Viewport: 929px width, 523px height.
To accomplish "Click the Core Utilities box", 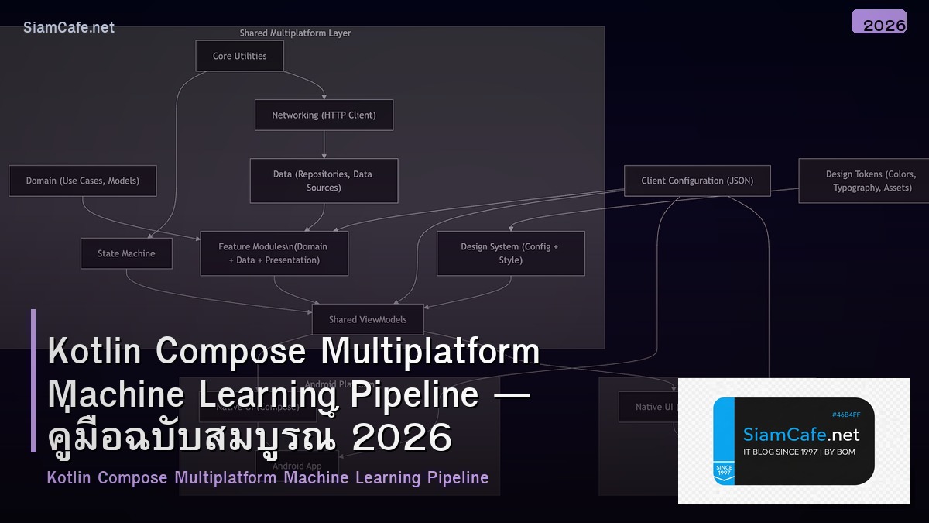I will (239, 56).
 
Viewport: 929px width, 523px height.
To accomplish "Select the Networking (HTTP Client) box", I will (324, 115).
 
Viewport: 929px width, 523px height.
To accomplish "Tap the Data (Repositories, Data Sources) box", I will (324, 181).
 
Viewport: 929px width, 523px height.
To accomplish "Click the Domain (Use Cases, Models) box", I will (83, 181).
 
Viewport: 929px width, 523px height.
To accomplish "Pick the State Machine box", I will (126, 253).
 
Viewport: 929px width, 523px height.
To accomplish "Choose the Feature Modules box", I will (274, 253).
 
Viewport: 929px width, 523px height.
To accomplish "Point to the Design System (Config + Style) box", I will (510, 253).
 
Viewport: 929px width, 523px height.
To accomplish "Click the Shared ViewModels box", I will (368, 319).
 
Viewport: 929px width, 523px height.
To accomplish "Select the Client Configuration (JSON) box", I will (697, 181).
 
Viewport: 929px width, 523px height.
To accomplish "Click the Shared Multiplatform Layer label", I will (295, 33).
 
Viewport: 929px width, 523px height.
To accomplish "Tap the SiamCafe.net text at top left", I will (69, 28).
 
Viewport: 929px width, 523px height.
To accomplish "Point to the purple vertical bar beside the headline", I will (33, 380).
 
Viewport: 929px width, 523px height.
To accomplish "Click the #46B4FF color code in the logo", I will (846, 415).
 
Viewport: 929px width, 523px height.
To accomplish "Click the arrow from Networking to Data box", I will (324, 145).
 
